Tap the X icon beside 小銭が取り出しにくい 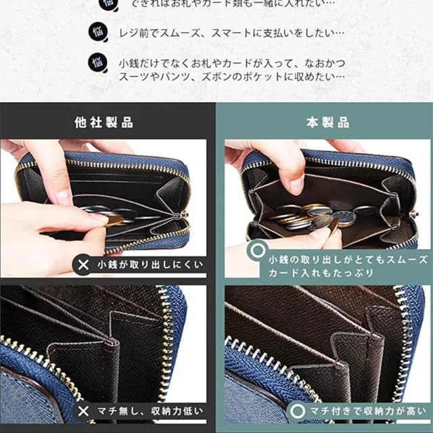84,264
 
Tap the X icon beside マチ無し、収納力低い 84,411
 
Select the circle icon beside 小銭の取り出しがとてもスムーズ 256,252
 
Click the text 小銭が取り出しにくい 150,264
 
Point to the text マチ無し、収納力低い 150,411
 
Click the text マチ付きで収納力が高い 366,411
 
